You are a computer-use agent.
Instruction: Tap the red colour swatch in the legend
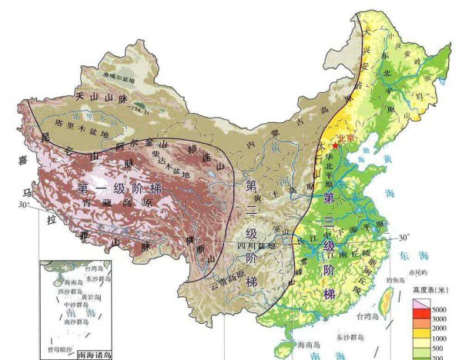[x=420, y=317]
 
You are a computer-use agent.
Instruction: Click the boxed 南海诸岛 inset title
[x=101, y=355]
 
